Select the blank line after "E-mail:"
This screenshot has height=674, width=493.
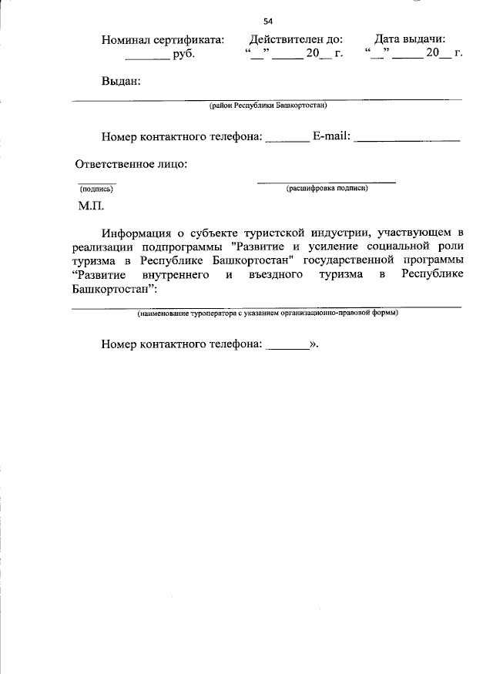407,140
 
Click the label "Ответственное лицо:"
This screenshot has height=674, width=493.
132,164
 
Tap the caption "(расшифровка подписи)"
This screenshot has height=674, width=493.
327,188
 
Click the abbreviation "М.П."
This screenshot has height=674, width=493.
90,206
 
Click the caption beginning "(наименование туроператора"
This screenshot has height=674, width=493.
268,314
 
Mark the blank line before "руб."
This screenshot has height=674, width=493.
147,59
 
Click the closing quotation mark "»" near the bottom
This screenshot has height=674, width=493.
314,345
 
